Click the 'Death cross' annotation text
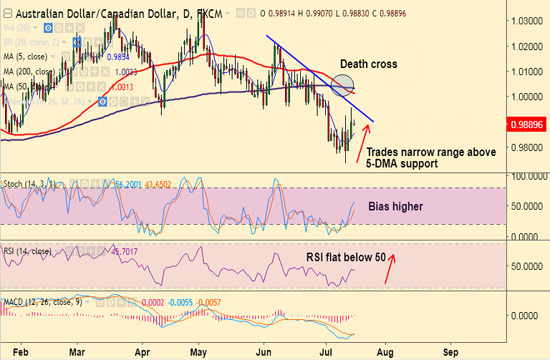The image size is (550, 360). point(368,64)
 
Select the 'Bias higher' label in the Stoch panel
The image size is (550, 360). point(395,207)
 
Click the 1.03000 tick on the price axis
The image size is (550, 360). point(527,21)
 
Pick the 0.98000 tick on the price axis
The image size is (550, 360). point(527,147)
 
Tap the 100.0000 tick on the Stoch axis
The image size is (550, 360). point(527,175)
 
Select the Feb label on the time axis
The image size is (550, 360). point(21,353)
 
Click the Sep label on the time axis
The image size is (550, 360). point(451,353)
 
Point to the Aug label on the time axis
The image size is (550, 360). point(385,353)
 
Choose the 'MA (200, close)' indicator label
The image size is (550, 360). point(29,72)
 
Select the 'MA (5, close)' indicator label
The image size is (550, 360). point(24,57)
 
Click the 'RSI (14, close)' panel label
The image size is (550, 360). point(28,251)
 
